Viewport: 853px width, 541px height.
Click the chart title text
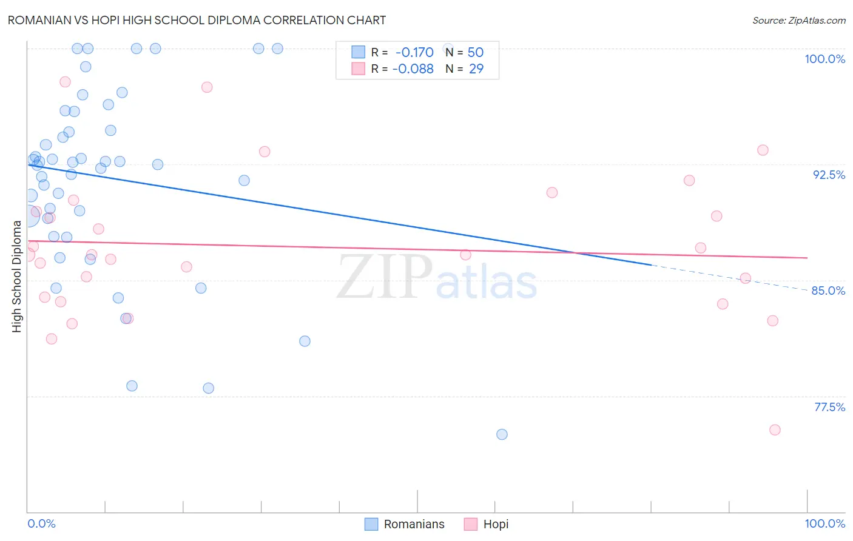pos(197,20)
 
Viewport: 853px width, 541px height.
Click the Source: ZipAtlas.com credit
pos(798,21)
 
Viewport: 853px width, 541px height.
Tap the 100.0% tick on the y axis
pos(824,59)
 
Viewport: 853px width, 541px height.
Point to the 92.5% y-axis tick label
pos(829,175)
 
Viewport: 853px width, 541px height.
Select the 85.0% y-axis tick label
pos(828,291)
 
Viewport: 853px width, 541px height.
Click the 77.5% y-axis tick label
pos(829,407)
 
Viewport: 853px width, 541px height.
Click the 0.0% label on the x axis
pos(41,523)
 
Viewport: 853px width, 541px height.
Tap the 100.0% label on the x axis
pos(824,523)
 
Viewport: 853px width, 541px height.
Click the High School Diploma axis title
pos(17,276)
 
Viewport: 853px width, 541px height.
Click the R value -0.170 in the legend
pos(414,53)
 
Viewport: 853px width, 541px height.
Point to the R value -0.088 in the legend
pos(413,69)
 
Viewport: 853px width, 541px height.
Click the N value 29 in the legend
pos(476,69)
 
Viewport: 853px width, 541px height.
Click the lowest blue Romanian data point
pos(502,434)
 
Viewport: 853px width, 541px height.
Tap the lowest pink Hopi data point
pos(775,430)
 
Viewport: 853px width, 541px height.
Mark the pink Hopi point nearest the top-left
pos(65,82)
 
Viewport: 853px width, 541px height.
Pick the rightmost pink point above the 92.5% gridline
pos(763,150)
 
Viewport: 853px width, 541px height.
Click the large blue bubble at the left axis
pos(27,215)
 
